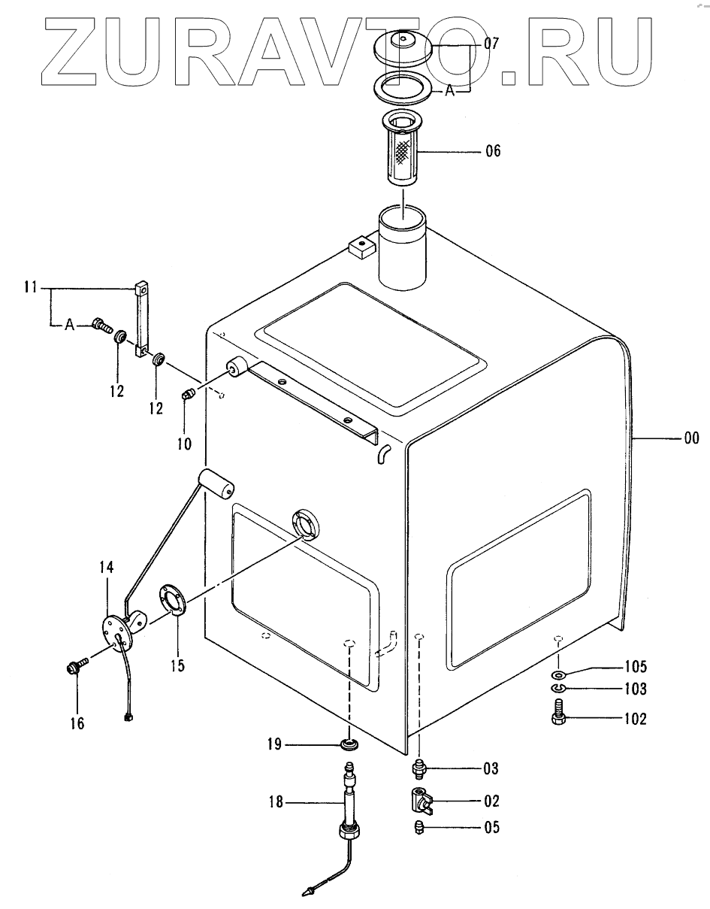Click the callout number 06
click(492, 151)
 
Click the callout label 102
click(634, 720)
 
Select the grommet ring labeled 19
click(349, 745)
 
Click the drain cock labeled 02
click(421, 800)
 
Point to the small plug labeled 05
click(420, 828)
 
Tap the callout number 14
click(106, 566)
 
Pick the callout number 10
click(184, 444)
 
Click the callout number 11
click(30, 286)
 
